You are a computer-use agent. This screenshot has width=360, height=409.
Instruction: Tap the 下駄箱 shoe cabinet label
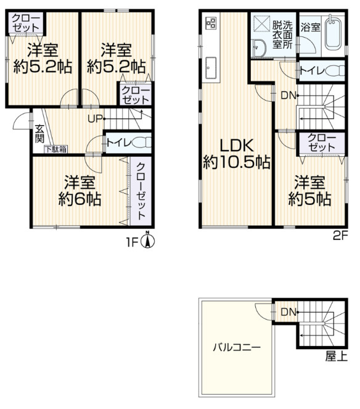(x=56, y=149)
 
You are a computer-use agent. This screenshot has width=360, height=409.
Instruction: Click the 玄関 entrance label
(x=39, y=134)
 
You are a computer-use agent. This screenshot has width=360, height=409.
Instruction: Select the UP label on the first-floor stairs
(x=95, y=119)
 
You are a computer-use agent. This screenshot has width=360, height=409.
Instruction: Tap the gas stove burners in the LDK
(x=211, y=22)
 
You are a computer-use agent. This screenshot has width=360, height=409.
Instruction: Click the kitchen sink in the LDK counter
(x=211, y=68)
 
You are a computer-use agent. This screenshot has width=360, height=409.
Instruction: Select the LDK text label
(x=237, y=146)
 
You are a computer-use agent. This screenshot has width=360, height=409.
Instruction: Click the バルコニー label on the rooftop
(x=237, y=347)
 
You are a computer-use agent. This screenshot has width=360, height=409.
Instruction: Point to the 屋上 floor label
(x=337, y=356)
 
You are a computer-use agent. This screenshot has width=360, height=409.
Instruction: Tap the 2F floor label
(x=340, y=236)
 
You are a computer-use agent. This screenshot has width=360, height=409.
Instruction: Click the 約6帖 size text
(x=80, y=199)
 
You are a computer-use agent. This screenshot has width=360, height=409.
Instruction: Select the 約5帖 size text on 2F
(x=309, y=199)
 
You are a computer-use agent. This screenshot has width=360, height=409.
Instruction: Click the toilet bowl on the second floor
(x=336, y=70)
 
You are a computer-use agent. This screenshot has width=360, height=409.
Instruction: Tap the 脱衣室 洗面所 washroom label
(x=282, y=35)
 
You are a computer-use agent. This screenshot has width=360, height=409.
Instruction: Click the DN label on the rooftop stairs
(x=288, y=312)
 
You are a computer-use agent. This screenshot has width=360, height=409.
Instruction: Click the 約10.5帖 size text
(x=237, y=162)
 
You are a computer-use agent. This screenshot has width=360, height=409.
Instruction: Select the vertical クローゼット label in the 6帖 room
(x=141, y=191)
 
